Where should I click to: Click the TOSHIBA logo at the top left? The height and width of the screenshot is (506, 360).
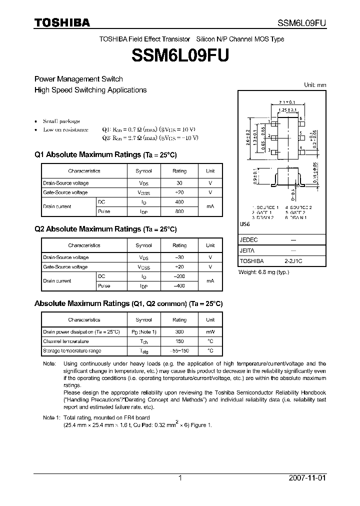62,22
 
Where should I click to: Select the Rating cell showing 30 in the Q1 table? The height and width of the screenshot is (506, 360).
179,183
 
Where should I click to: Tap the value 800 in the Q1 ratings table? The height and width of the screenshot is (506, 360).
179,211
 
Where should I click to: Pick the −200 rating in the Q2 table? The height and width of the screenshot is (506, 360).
179,276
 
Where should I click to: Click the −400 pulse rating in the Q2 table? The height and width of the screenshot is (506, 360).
179,286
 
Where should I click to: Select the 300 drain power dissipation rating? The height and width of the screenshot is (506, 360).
179,331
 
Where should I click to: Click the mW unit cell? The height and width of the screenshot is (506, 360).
210,331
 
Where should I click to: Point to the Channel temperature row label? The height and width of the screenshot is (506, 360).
65,341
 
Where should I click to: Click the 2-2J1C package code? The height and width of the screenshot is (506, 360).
293,261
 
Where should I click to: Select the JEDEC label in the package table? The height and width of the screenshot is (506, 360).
248,240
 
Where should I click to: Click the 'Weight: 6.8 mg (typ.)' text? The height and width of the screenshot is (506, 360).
263,272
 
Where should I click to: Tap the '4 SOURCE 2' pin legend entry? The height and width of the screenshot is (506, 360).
298,207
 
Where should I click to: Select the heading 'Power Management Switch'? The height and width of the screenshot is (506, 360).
78,79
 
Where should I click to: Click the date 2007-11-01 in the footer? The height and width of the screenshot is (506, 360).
307,478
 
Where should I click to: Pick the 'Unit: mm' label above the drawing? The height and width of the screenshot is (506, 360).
315,85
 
